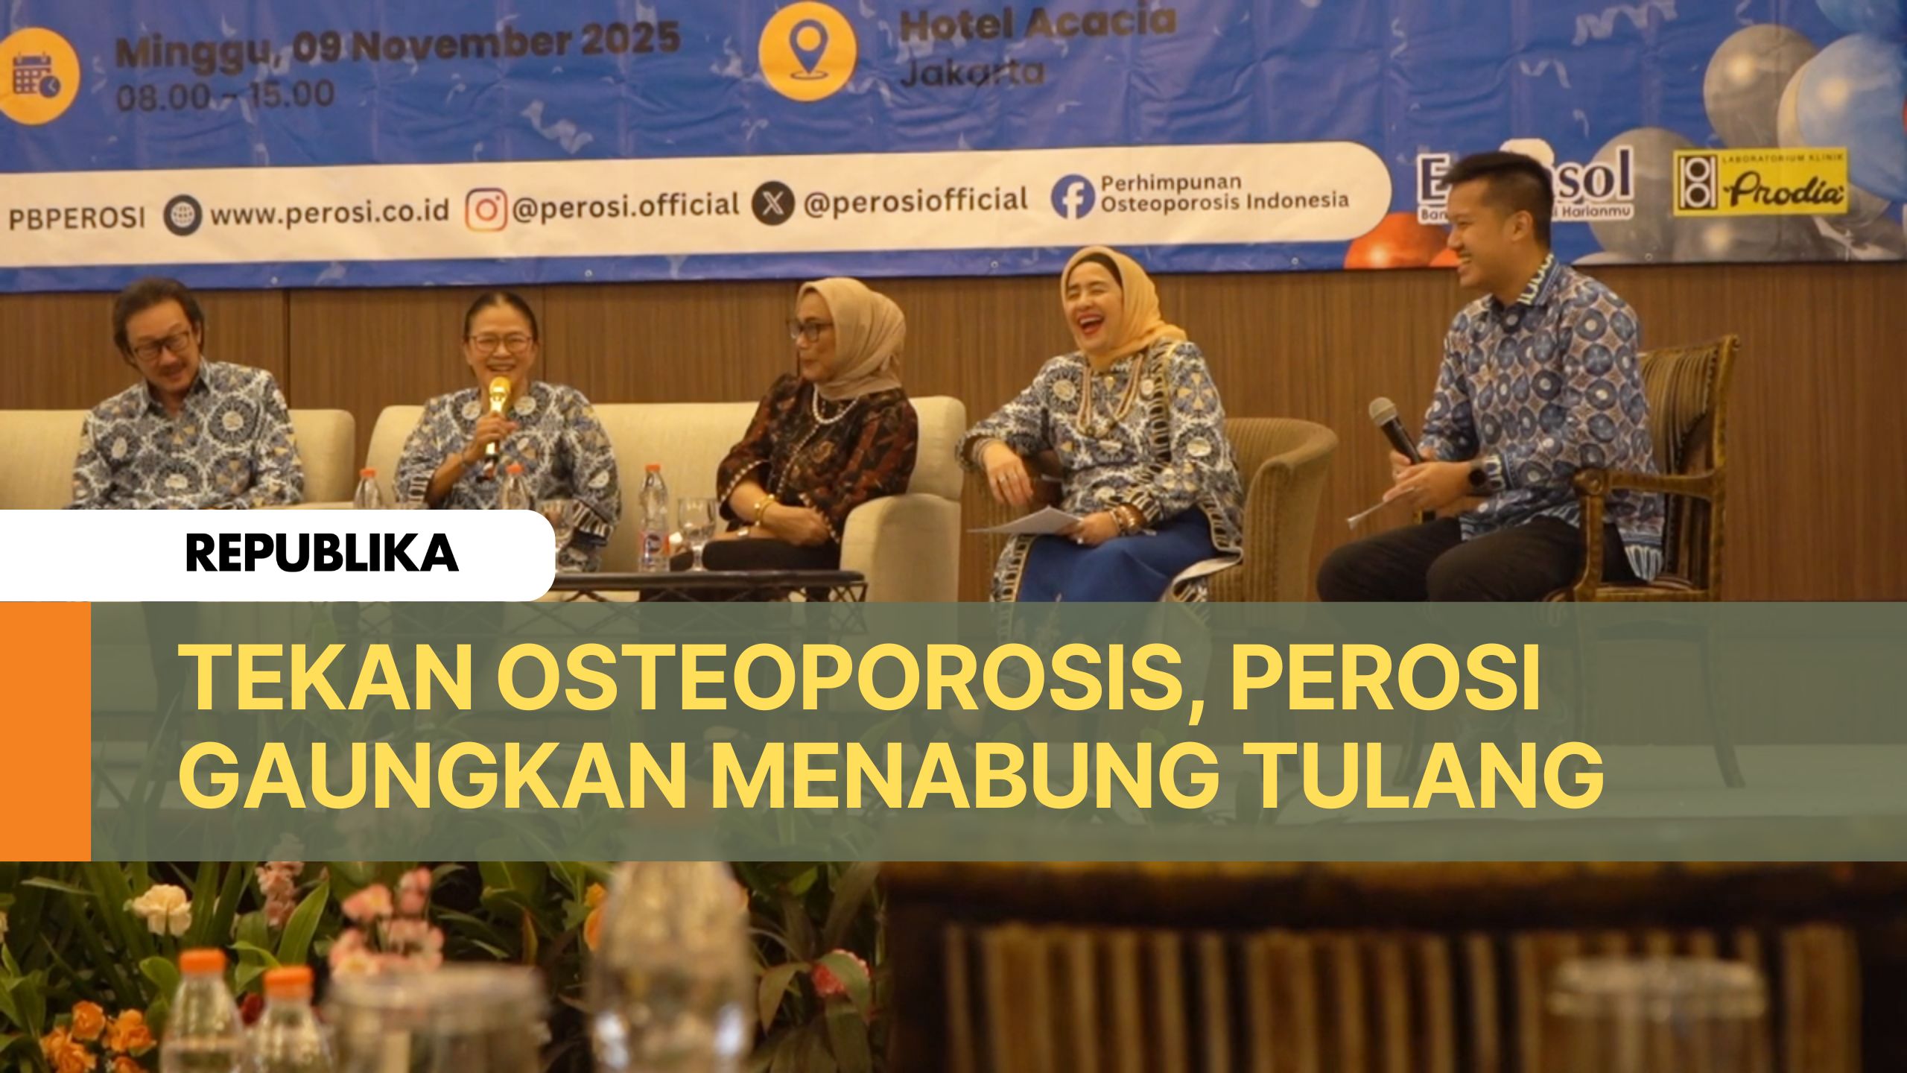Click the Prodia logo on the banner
(1760, 183)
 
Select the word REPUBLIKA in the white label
(322, 554)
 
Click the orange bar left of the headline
(45, 730)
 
